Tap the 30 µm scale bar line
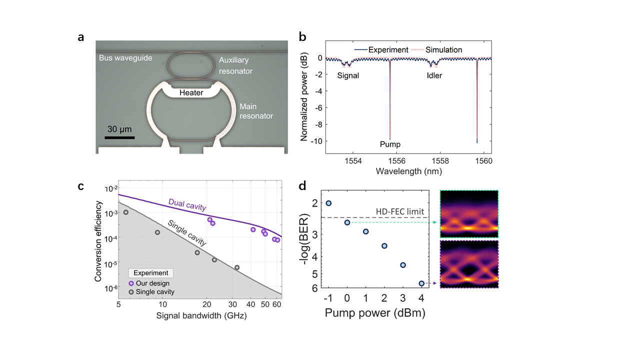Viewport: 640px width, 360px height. coord(120,136)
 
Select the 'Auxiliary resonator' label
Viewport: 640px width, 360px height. coord(235,65)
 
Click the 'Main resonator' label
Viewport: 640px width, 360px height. coord(256,111)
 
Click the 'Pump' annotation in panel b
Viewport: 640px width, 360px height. coord(390,144)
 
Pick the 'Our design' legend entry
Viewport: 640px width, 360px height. coord(152,283)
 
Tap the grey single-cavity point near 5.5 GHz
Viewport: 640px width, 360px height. coord(126,212)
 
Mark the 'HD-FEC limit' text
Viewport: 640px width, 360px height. coord(400,211)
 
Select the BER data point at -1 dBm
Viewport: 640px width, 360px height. coord(328,203)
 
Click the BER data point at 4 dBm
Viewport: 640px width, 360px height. coord(421,283)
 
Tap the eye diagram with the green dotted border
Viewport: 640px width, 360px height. coord(469,213)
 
